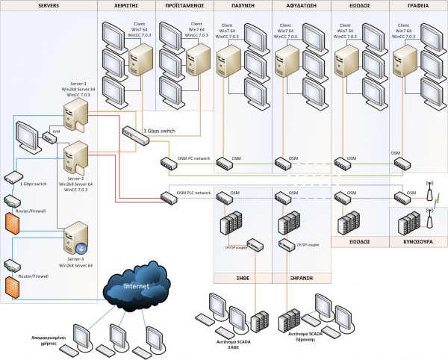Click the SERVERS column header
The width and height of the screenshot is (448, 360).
point(49,5)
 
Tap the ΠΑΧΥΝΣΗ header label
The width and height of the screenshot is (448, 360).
point(242,5)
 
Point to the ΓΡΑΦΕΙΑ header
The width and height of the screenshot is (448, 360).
point(418,5)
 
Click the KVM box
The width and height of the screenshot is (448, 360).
point(51,136)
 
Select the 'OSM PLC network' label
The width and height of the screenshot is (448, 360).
point(195,193)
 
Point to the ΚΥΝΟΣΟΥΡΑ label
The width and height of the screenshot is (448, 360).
point(417,242)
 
